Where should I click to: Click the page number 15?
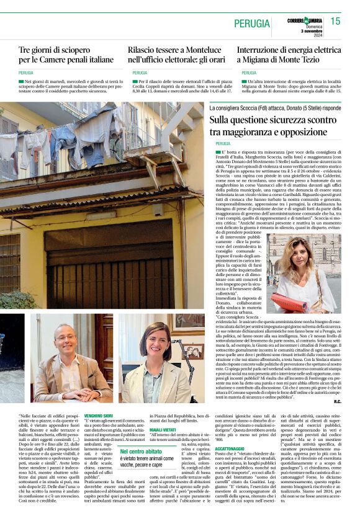pos(335,21)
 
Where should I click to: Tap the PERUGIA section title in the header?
pos(252,24)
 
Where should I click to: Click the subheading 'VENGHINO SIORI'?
pos(99,416)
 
